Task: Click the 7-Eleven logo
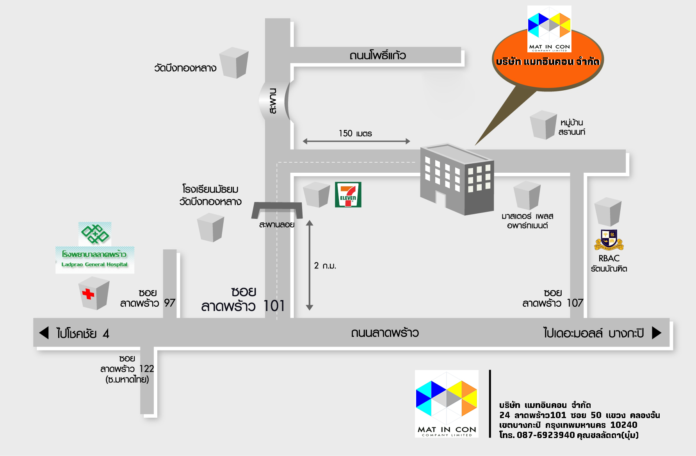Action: click(348, 194)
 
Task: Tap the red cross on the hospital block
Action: click(88, 294)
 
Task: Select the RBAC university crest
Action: click(609, 240)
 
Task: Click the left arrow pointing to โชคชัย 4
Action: click(44, 333)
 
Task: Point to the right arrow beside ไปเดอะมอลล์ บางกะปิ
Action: click(657, 333)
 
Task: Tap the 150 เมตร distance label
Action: click(355, 134)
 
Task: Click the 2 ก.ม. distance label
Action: click(325, 266)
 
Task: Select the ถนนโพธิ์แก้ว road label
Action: click(377, 55)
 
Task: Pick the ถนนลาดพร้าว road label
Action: click(384, 333)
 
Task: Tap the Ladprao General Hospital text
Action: click(94, 265)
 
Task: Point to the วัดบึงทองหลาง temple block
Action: click(234, 63)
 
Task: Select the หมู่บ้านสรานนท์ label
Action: click(571, 127)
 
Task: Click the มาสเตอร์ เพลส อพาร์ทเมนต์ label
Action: click(527, 221)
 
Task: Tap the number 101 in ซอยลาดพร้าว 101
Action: click(274, 306)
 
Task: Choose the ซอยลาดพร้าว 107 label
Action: click(553, 298)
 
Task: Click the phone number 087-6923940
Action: click(546, 435)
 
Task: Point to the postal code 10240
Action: click(623, 425)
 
